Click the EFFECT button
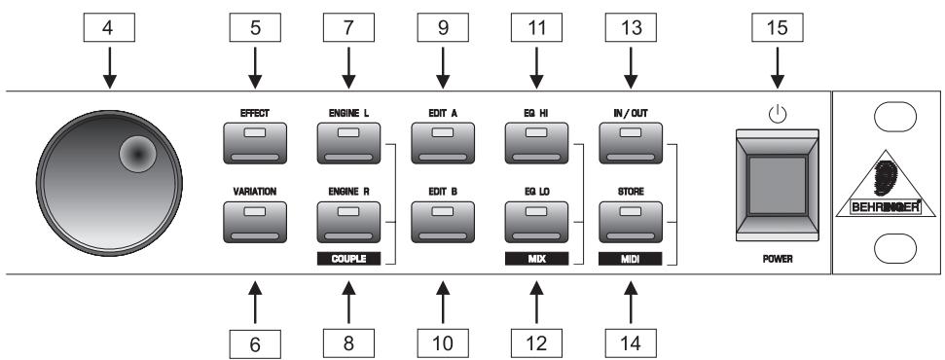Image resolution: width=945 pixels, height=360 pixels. (256, 145)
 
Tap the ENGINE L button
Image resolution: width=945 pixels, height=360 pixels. (349, 145)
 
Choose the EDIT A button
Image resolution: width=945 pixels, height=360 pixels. (443, 145)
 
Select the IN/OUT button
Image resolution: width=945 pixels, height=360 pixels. (630, 145)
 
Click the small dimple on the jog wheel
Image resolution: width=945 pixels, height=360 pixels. (136, 153)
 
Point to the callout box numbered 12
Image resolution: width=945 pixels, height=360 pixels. (536, 342)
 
